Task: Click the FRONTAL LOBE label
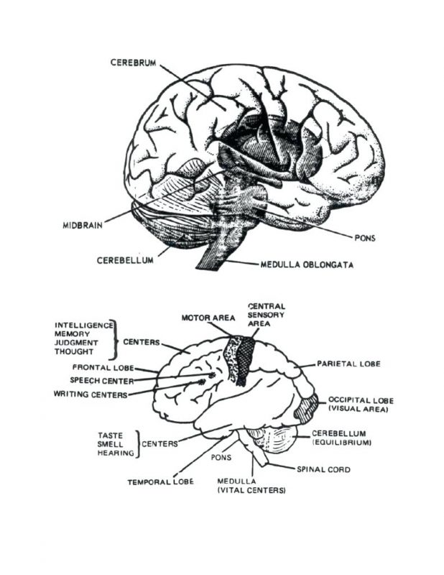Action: (97, 368)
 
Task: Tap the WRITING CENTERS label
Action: (91, 394)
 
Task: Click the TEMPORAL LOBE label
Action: (160, 482)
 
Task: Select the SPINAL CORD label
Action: (323, 469)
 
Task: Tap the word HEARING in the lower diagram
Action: (115, 454)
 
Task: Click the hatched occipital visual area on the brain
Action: (308, 408)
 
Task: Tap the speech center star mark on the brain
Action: (213, 375)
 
